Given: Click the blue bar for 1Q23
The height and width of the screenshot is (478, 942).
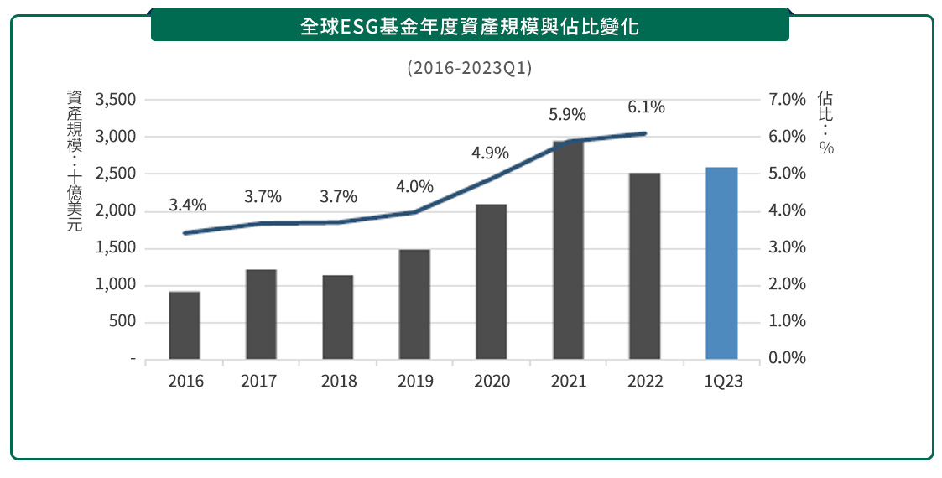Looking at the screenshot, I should point(721,263).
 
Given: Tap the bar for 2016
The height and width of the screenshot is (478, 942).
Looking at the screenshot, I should point(185,325).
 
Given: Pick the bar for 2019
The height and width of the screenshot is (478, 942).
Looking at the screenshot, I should point(414,304).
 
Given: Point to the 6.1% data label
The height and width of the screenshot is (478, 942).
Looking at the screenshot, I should point(646,107).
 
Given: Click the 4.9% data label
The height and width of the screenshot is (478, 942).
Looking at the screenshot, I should point(491,153).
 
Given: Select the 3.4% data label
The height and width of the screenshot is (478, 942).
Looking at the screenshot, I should point(187,205).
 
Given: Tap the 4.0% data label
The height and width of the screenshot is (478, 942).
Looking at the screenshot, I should point(414,187).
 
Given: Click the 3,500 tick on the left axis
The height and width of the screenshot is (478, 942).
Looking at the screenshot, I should point(116,100).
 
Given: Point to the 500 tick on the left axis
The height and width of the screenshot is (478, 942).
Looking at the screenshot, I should point(122,322).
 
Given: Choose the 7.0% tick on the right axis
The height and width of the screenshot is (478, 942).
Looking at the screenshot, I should point(786,100).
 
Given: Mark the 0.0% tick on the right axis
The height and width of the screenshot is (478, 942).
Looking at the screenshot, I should point(786,359).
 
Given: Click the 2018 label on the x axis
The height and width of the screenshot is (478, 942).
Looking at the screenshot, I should point(338,382).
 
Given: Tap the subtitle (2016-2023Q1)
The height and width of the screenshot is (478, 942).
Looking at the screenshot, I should point(470,68).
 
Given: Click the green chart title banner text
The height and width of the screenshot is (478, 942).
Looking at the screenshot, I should point(470,26).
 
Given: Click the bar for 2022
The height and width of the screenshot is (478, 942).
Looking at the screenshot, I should point(645,266).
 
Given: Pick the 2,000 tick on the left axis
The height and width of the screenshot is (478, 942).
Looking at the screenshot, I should point(116,211).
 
